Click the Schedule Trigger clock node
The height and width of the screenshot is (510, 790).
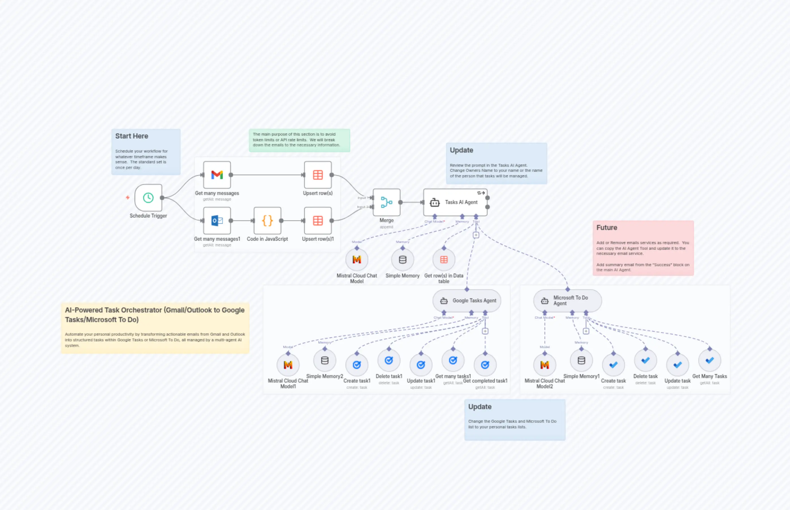(148, 198)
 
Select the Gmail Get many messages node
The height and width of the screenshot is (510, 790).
(217, 175)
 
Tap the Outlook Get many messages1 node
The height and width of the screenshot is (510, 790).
(217, 221)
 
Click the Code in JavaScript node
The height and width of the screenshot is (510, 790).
(267, 221)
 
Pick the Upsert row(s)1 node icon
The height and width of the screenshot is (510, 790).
(318, 221)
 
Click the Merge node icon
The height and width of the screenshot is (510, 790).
(387, 202)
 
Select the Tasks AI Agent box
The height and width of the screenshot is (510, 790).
(455, 202)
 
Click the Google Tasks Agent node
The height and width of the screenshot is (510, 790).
(467, 301)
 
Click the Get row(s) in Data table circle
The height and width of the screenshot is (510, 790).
(444, 260)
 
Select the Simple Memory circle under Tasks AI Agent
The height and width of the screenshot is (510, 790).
(402, 260)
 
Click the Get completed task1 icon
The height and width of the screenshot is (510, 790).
(485, 364)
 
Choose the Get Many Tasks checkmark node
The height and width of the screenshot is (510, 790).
(709, 360)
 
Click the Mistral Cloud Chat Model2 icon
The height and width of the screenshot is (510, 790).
(545, 364)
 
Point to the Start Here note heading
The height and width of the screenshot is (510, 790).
(131, 136)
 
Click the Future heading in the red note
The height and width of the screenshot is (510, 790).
(606, 227)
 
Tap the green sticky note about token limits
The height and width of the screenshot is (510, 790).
(299, 140)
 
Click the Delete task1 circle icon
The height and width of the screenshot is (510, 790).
(389, 360)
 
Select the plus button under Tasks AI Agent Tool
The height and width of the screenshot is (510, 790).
(476, 235)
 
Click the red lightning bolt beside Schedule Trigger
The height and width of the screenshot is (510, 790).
(128, 198)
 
